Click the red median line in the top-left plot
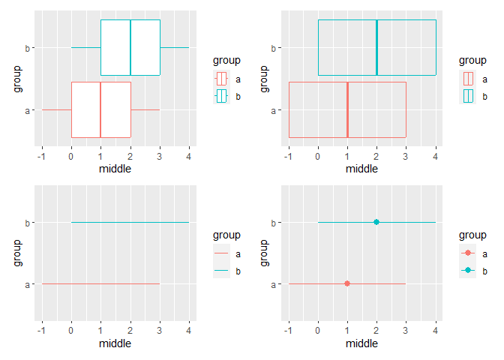point(100,109)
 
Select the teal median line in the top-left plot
point(130,47)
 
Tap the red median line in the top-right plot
point(347,109)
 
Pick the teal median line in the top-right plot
point(376,47)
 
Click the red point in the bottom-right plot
point(347,283)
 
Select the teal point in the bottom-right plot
point(376,222)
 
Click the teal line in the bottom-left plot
point(130,222)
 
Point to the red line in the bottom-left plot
point(100,283)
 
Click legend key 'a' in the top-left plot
point(220,79)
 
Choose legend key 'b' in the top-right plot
point(467,95)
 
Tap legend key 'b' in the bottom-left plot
point(220,270)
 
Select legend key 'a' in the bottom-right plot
point(467,253)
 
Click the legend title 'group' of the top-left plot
point(226,60)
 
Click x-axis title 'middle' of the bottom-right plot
point(361,343)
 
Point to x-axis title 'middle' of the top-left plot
point(115,169)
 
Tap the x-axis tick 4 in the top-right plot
point(436,157)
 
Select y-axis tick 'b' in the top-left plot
point(28,48)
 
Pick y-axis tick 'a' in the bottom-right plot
point(274,284)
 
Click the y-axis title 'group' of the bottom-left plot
point(17,253)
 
